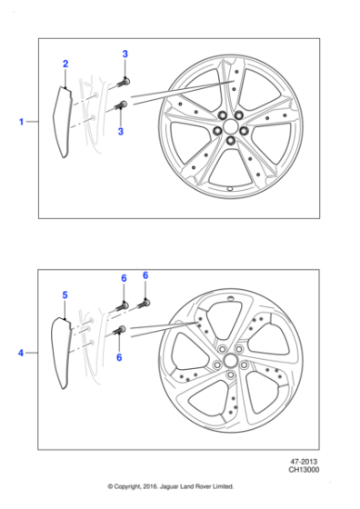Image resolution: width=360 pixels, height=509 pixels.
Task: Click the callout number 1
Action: pos(21,120)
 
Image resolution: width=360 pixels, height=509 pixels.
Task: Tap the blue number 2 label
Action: pos(65,64)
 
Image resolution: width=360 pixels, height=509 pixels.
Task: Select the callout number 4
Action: pos(21,351)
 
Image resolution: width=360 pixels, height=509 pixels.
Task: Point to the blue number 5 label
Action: pos(65,295)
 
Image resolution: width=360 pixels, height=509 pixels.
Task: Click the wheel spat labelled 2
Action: pos(65,124)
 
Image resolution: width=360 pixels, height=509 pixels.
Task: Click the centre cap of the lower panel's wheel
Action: pos(228,361)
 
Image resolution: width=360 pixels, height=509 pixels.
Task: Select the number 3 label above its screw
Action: pos(125,55)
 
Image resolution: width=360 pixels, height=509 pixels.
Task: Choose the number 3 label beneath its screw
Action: pos(121,132)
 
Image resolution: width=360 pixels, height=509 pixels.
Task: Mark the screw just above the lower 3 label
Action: pos(120,107)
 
